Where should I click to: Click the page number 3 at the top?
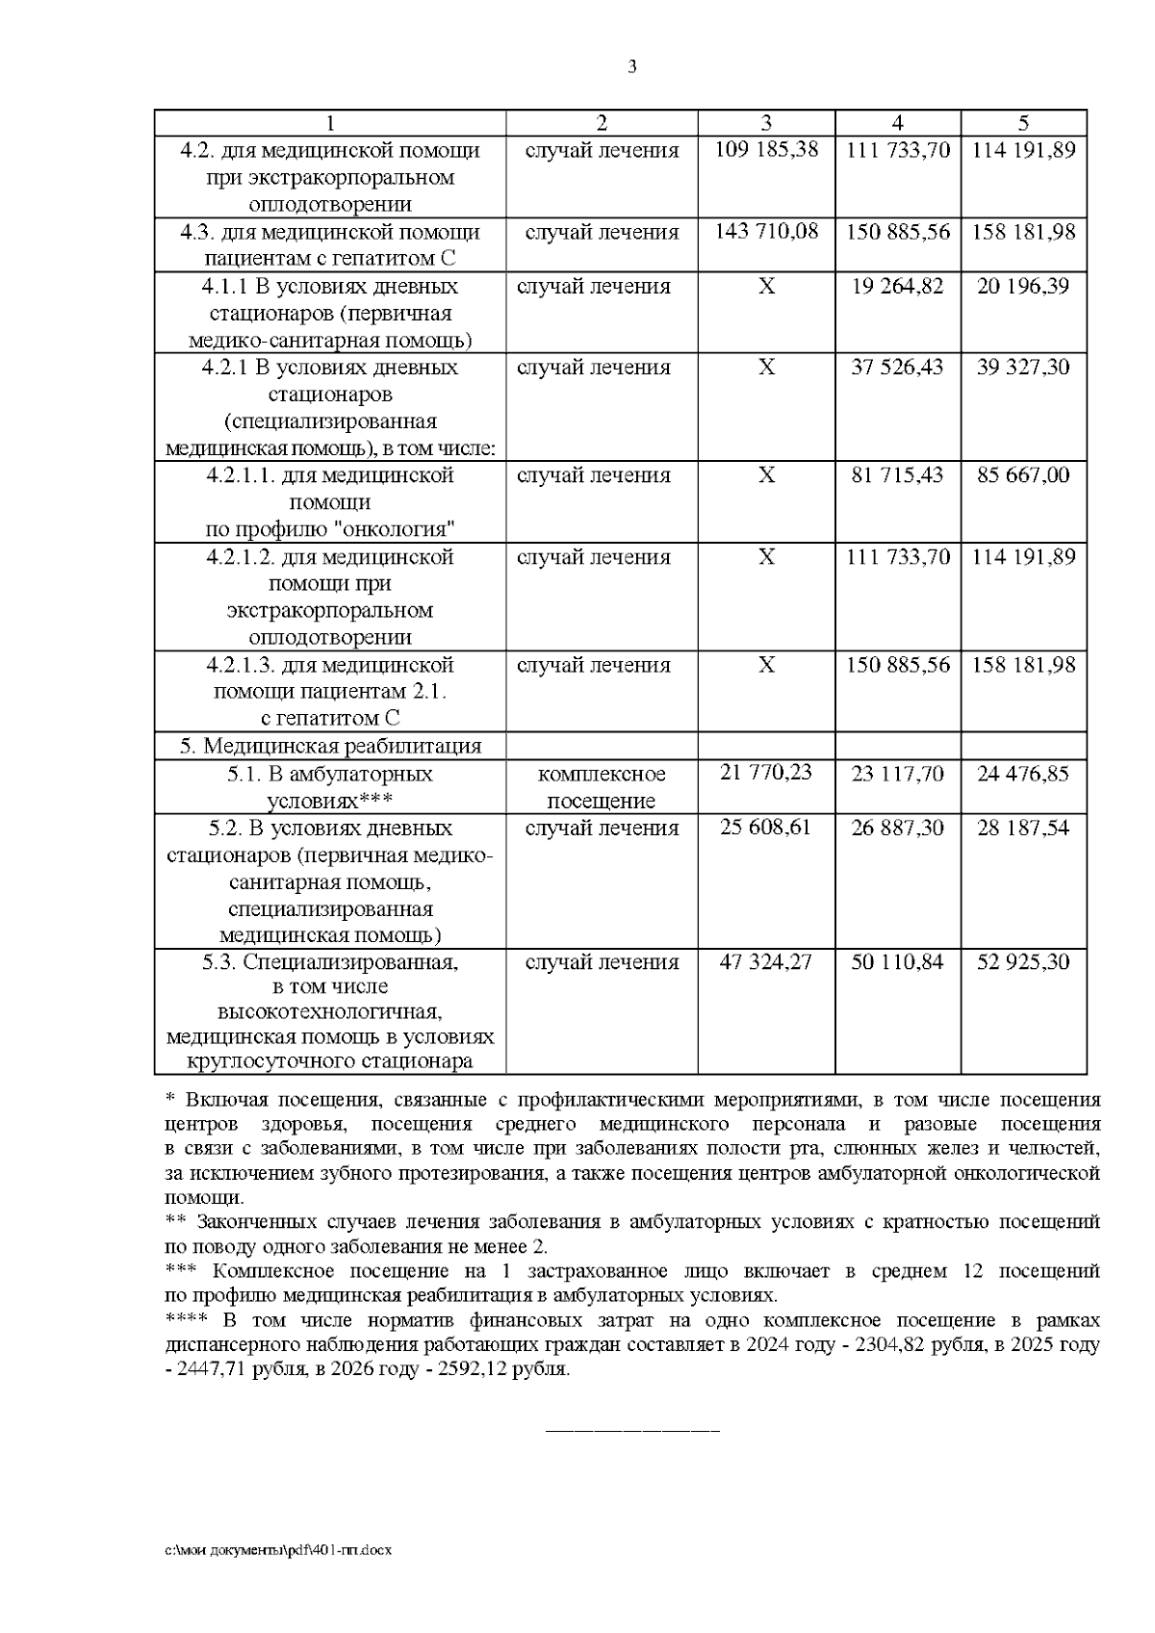(631, 66)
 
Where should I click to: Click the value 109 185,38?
(766, 150)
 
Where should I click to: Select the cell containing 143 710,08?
(766, 232)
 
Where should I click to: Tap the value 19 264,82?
(897, 287)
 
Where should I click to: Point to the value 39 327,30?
(1023, 368)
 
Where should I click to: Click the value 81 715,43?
(897, 475)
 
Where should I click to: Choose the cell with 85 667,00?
(1023, 475)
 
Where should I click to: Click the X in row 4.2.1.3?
(766, 665)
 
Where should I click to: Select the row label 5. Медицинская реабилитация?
(330, 746)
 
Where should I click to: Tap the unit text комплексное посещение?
(602, 787)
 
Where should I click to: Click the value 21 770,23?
(766, 773)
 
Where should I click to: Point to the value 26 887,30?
(897, 829)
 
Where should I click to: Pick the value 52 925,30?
(1023, 962)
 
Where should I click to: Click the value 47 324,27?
(766, 962)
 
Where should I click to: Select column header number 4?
(897, 123)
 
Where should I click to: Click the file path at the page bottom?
(279, 1551)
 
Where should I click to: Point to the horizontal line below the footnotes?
(632, 1431)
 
